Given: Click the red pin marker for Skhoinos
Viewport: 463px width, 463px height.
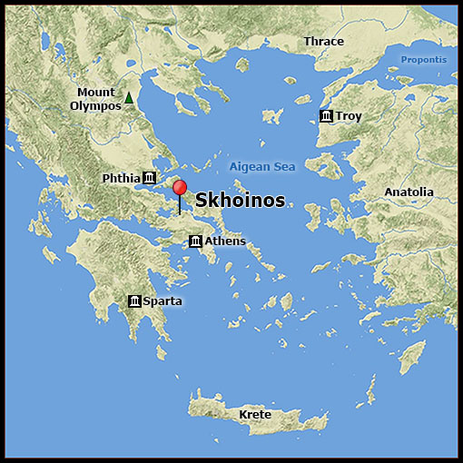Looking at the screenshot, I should click(x=180, y=188).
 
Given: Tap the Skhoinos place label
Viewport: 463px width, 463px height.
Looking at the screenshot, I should click(x=240, y=201).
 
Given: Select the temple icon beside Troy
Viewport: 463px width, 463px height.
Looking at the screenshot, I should click(x=326, y=116).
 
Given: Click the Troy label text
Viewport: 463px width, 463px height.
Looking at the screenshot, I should click(x=349, y=116).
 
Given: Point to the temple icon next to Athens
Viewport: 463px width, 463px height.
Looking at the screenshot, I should click(x=194, y=241).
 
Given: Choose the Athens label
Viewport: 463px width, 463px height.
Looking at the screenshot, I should click(x=225, y=241).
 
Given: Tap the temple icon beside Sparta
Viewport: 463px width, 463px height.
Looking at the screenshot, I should click(x=134, y=300).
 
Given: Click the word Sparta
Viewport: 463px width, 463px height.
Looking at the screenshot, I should click(x=163, y=300).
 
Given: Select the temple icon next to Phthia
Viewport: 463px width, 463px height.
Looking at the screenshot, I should click(x=150, y=177).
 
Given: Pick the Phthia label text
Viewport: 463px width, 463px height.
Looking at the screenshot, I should click(x=121, y=177).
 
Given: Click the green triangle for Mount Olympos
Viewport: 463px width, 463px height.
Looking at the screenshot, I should click(x=129, y=98).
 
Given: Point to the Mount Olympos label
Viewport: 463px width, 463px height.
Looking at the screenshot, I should click(x=95, y=99).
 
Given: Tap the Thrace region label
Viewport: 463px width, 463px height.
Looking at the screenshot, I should click(x=324, y=42).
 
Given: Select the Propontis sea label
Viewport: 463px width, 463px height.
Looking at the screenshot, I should click(x=424, y=60).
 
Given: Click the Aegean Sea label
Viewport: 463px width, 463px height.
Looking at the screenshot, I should click(x=262, y=167).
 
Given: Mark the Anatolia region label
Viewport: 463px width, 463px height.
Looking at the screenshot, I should click(x=409, y=192).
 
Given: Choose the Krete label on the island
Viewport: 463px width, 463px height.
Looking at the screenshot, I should click(x=255, y=415).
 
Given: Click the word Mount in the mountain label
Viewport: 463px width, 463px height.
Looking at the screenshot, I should click(x=96, y=93).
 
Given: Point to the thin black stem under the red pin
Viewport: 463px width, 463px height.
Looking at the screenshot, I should click(x=180, y=205).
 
